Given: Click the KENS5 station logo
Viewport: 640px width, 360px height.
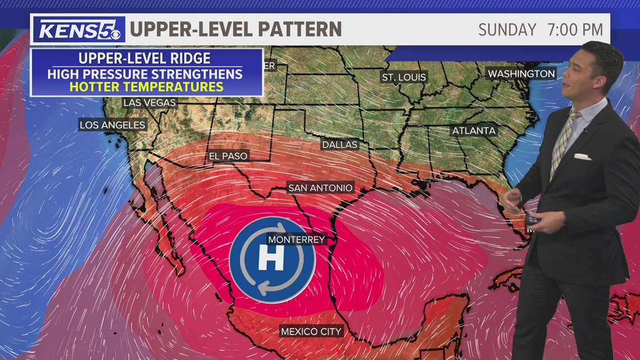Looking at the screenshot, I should [78, 29].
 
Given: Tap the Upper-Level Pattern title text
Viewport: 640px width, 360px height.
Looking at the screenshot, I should [236, 29].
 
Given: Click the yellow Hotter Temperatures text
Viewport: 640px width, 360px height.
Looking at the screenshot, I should [147, 87].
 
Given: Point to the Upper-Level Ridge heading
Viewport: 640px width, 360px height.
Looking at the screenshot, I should [145, 58].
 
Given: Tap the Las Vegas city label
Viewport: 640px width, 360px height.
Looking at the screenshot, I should [150, 103].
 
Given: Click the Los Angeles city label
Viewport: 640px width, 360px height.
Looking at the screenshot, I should [112, 125].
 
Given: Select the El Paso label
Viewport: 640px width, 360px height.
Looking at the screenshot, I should [228, 156].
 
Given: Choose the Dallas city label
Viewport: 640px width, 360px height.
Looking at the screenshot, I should [339, 144].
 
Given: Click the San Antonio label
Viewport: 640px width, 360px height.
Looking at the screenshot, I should [321, 188].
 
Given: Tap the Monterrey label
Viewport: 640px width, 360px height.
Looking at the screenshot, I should [296, 239].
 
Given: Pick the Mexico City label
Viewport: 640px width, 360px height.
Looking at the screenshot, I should [311, 331].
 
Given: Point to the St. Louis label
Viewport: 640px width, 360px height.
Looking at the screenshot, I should [404, 77].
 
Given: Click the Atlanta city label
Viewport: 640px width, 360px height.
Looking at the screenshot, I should [474, 131].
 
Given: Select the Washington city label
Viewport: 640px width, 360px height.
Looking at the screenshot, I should [521, 74].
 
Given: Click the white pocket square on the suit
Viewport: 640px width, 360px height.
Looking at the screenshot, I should [582, 157].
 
